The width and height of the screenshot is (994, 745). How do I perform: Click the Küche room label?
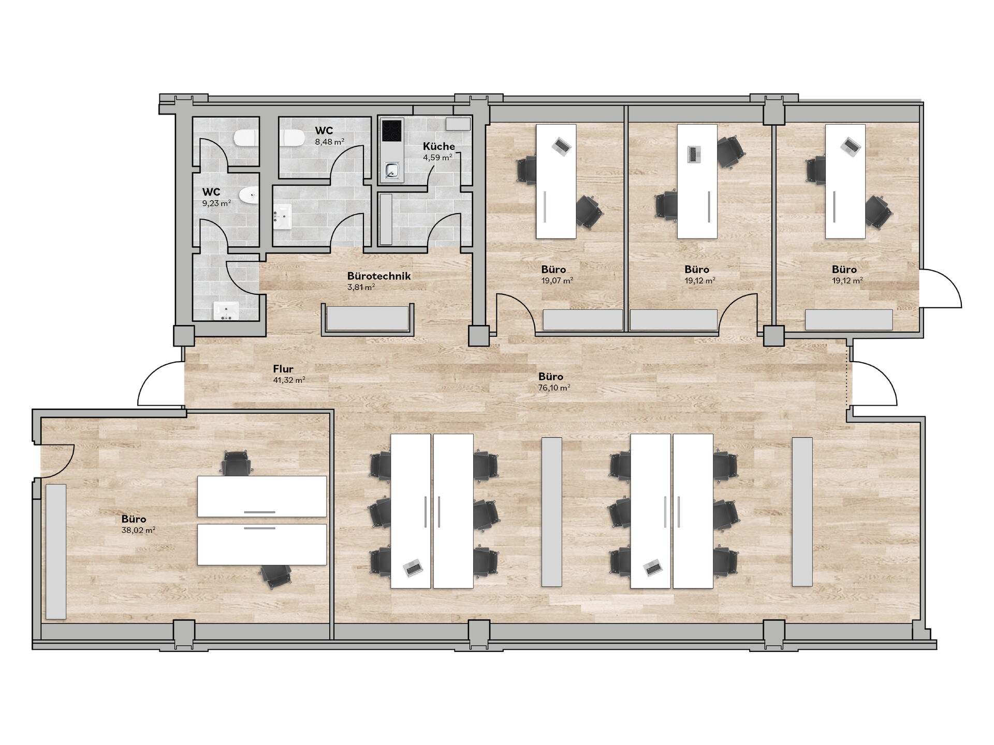point(438,146)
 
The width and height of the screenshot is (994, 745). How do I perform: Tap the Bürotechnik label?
point(379,276)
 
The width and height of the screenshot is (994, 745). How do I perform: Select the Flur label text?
point(283,369)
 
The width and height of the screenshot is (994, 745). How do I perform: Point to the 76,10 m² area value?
point(554,388)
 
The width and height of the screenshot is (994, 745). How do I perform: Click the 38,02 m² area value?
point(138,530)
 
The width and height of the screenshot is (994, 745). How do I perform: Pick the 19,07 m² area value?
point(557,280)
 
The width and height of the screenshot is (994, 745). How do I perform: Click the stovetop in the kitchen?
point(392,130)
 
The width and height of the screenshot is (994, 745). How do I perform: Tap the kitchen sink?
point(392,170)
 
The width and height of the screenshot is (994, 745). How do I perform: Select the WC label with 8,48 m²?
point(324,130)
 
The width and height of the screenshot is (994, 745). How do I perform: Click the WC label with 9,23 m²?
point(211,192)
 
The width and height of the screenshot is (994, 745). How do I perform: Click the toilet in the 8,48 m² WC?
point(294,138)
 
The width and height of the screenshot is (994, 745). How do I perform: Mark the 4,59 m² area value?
point(438,157)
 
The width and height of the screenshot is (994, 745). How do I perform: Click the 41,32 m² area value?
point(289,380)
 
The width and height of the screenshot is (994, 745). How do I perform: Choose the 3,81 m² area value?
point(361,287)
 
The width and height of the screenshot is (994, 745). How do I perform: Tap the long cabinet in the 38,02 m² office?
point(56,552)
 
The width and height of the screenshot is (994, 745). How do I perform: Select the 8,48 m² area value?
point(330,141)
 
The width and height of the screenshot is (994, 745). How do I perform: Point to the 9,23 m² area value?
point(216,203)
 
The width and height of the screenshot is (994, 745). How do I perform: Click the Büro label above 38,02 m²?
point(134,519)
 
